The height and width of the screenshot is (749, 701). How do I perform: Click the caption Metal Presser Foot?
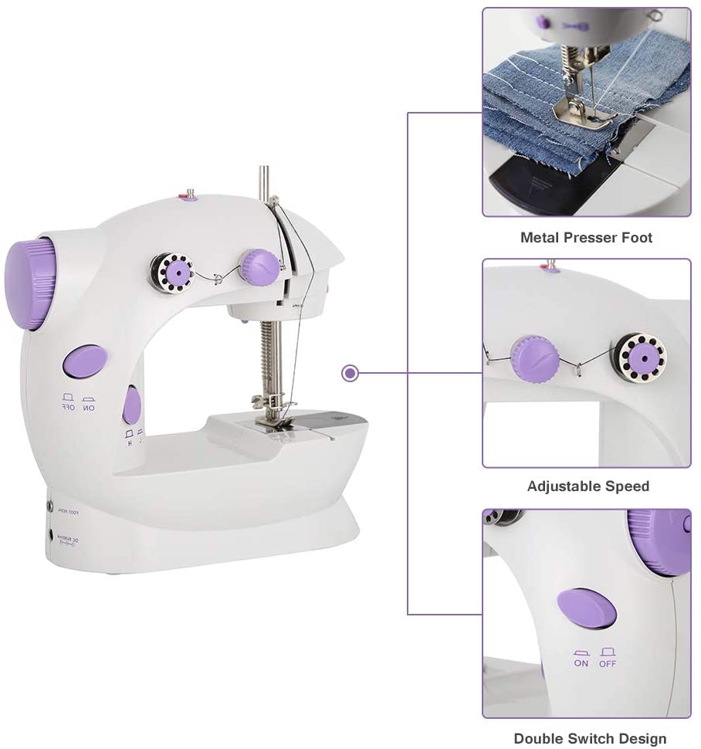pyautogui.click(x=586, y=238)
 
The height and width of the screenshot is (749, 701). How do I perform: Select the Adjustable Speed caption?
pyautogui.click(x=588, y=486)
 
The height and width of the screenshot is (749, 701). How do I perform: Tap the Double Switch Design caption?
pyautogui.click(x=590, y=739)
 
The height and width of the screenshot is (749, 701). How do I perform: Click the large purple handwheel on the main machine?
pyautogui.click(x=30, y=283)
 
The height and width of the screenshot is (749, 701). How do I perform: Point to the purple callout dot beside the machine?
pyautogui.click(x=350, y=374)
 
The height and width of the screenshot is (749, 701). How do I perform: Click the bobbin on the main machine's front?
pyautogui.click(x=172, y=273)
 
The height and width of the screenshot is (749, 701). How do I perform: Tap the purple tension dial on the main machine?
pyautogui.click(x=259, y=266)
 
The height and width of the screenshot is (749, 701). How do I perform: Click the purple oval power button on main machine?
pyautogui.click(x=85, y=361)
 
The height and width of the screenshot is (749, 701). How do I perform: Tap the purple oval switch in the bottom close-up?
pyautogui.click(x=587, y=609)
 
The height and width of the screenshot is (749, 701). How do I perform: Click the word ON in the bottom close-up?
pyautogui.click(x=581, y=663)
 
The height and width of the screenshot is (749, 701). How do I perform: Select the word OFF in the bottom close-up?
pyautogui.click(x=608, y=663)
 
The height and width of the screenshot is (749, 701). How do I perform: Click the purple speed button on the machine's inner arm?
pyautogui.click(x=132, y=405)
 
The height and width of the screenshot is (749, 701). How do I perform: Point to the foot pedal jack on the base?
pyautogui.click(x=50, y=507)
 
